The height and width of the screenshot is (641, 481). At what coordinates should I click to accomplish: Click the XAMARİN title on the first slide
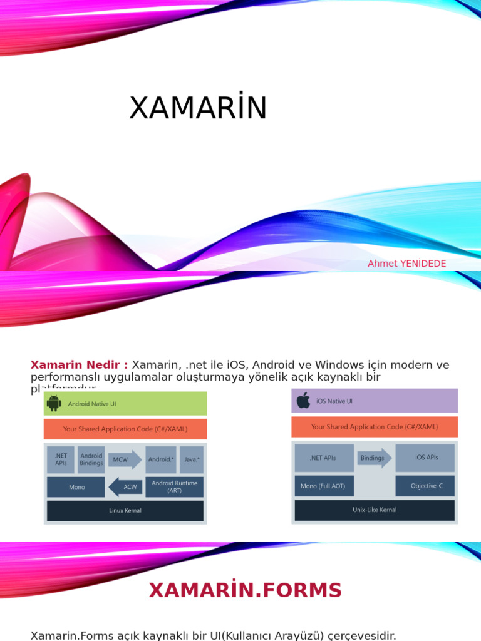tap(198, 108)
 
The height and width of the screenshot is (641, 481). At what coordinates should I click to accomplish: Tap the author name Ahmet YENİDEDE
tap(406, 264)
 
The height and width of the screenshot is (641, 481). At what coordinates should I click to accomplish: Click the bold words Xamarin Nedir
tap(79, 365)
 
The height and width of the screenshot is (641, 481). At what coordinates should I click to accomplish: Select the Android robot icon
tap(54, 404)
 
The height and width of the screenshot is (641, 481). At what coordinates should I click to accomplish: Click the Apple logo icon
tap(303, 401)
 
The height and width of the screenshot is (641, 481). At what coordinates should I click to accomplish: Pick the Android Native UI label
tap(92, 404)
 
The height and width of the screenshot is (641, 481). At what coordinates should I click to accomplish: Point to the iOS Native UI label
tap(334, 401)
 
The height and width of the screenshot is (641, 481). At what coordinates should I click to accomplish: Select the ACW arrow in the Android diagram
tap(125, 486)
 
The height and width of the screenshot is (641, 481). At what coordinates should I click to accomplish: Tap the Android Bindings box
tap(91, 459)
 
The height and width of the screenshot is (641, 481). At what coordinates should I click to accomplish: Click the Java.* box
tap(192, 459)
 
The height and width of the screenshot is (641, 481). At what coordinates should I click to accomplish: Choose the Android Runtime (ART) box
tap(174, 486)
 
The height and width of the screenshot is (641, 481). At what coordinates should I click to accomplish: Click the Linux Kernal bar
tap(125, 510)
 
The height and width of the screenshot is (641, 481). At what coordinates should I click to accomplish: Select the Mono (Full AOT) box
tap(323, 486)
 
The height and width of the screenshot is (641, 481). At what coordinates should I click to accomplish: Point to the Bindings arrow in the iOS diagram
tap(374, 458)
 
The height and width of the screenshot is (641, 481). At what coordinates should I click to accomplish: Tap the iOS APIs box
tap(425, 458)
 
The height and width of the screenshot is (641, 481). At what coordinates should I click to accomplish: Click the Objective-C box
tap(425, 486)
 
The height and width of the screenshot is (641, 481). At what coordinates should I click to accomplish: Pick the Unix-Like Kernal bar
tap(375, 510)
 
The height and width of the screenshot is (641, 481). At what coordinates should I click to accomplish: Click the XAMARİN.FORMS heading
tap(245, 590)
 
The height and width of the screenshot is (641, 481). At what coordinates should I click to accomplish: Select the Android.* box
tap(161, 459)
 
